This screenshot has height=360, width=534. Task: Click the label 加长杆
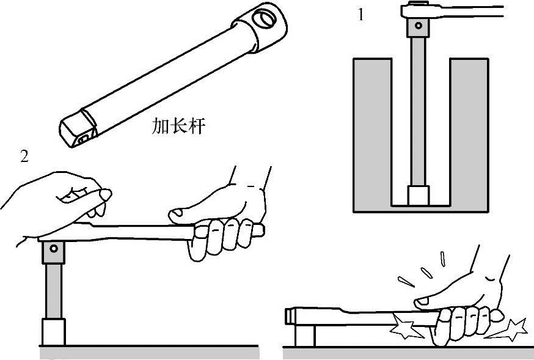(x=178, y=126)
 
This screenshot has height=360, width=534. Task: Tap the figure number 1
(x=360, y=15)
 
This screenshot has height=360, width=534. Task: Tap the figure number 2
(x=24, y=156)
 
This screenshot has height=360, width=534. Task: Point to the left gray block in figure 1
(x=373, y=135)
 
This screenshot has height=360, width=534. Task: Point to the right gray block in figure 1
(x=469, y=135)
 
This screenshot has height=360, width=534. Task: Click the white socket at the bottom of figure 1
(x=418, y=196)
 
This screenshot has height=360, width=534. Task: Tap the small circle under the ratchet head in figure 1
(x=418, y=25)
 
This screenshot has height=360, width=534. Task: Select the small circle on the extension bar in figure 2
(x=54, y=248)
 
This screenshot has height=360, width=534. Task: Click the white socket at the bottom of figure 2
(x=54, y=332)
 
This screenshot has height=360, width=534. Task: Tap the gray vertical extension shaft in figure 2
(x=54, y=291)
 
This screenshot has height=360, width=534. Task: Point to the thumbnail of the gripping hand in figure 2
(x=176, y=213)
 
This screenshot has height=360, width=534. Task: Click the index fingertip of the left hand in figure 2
(x=105, y=194)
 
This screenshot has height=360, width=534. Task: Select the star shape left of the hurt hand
(x=406, y=326)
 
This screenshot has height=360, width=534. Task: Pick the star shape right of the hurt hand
(x=508, y=329)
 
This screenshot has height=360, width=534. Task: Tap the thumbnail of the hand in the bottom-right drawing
(x=422, y=301)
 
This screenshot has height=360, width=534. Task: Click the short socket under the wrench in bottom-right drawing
(x=305, y=336)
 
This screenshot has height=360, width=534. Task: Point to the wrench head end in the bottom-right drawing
(x=290, y=316)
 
